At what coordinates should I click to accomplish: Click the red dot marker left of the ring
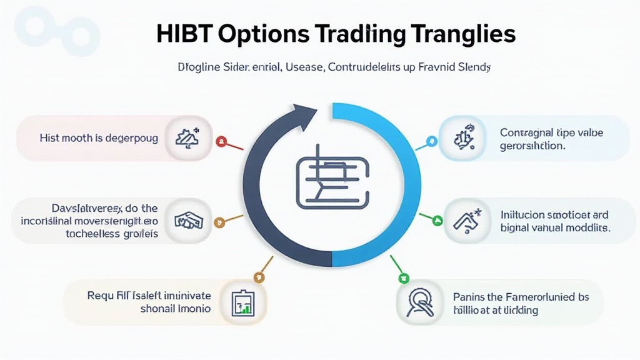click(219, 142)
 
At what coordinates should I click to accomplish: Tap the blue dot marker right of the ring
click(429, 141)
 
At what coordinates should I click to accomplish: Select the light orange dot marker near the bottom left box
click(257, 277)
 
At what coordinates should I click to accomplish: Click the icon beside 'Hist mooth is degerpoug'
click(184, 138)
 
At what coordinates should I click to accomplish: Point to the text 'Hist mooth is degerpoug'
click(98, 138)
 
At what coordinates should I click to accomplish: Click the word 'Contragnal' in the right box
click(526, 132)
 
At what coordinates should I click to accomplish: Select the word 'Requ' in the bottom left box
click(100, 296)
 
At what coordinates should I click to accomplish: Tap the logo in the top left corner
click(52, 28)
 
